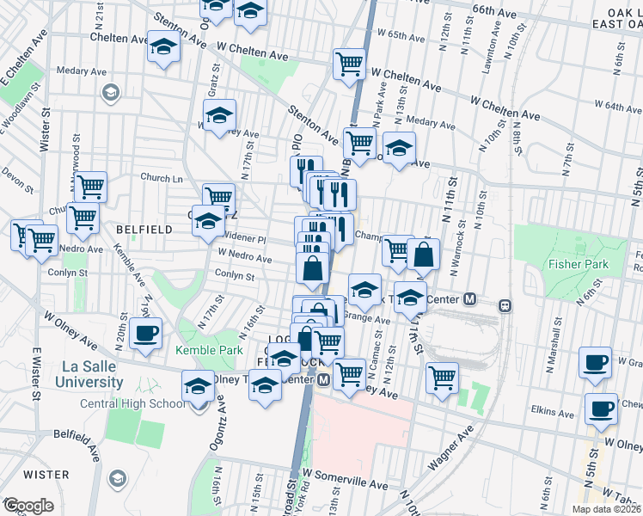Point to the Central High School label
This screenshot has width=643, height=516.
(x=132, y=403)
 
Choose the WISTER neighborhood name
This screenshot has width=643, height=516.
(x=46, y=475)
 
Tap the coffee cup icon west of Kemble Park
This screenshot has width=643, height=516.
(x=145, y=334)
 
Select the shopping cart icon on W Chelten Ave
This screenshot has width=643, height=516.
(x=349, y=64)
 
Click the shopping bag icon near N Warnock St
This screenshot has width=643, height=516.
(x=424, y=254)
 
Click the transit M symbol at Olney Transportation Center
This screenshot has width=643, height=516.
(x=324, y=379)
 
